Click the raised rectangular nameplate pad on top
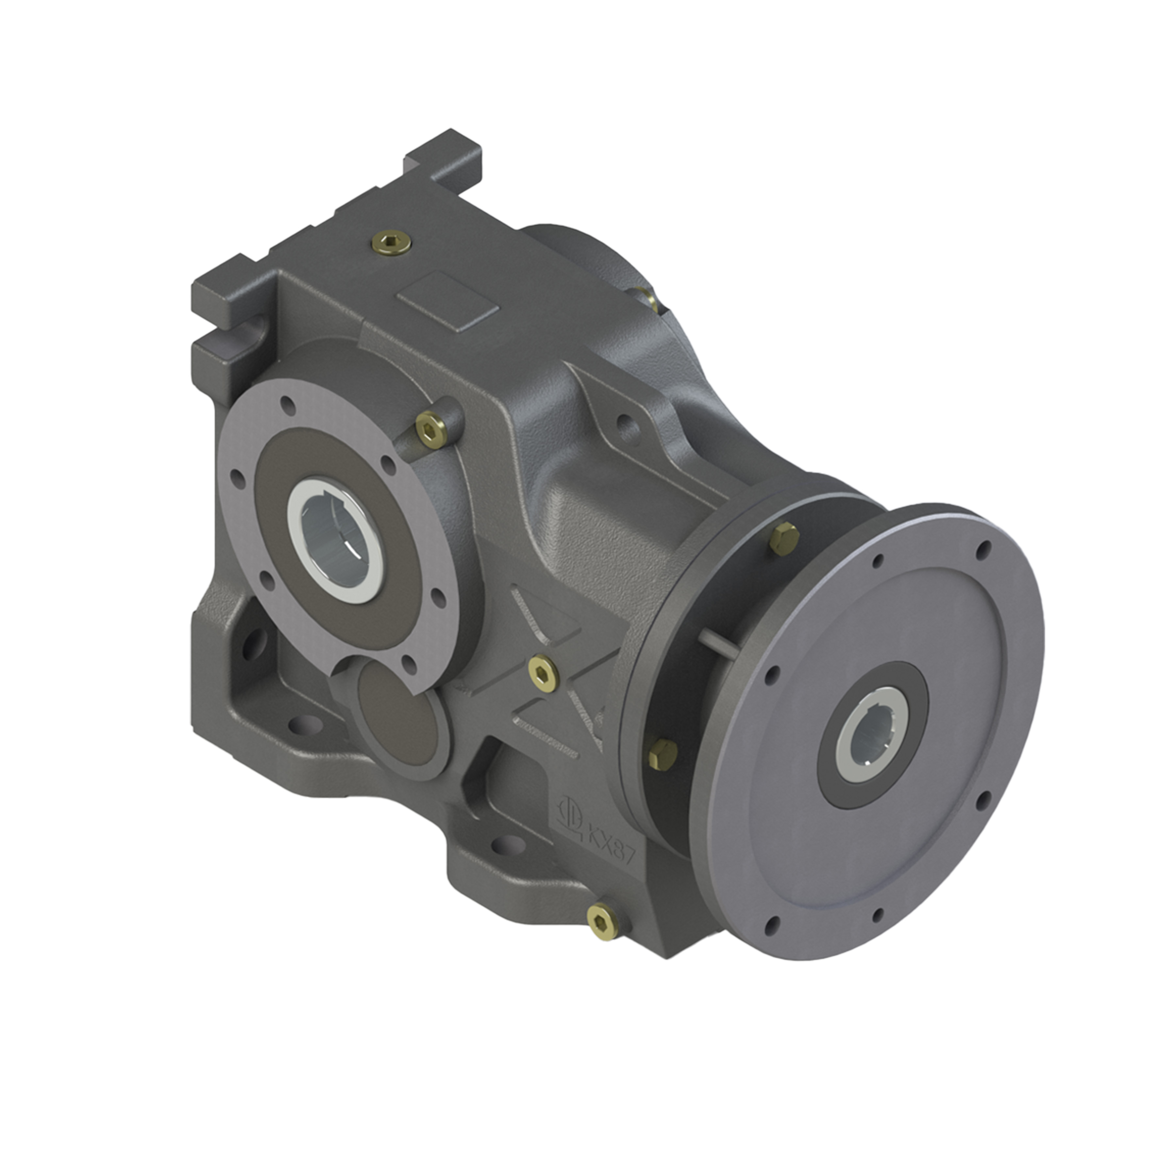(x=448, y=301)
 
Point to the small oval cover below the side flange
(x=399, y=713)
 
